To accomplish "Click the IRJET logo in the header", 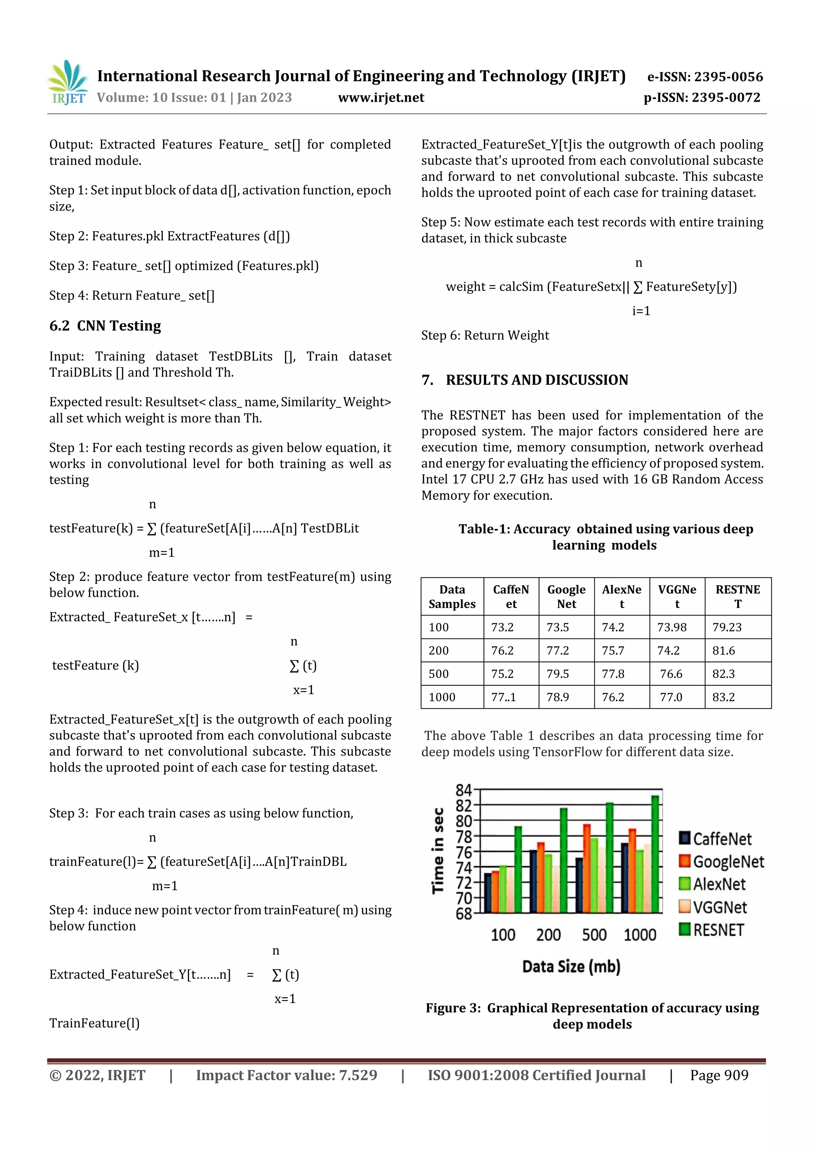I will pos(68,83).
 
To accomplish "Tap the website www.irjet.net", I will pos(381,97).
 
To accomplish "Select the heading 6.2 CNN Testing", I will pos(105,326).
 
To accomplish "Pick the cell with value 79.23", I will pos(727,627).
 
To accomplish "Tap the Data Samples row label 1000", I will pos(442,697).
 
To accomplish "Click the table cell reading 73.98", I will pos(672,627).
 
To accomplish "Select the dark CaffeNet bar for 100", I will pos(487,893).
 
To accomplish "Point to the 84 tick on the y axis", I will pos(463,790).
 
